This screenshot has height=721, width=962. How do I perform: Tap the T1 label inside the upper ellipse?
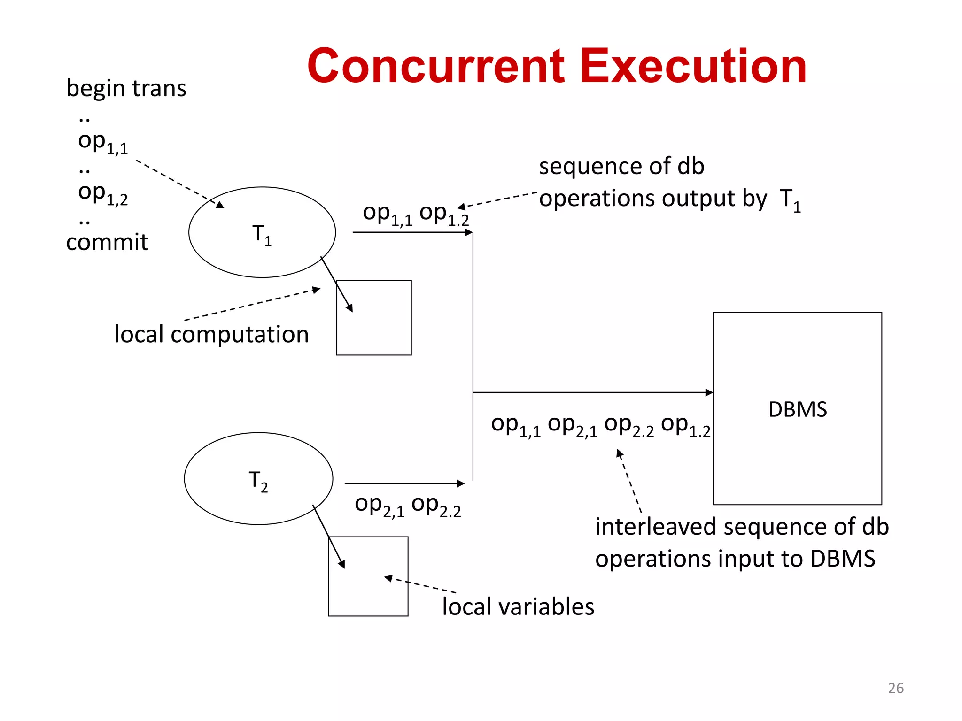262,234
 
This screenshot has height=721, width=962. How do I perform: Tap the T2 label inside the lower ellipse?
258,481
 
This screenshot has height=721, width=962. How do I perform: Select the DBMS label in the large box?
797,409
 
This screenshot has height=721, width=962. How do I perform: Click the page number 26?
896,688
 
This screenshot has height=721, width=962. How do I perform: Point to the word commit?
107,242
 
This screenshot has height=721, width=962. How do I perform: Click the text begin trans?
126,89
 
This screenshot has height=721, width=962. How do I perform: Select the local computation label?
211,335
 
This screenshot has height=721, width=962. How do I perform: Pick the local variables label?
518,606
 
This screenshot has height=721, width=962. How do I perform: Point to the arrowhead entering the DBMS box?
709,392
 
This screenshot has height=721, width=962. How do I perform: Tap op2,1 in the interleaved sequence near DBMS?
572,425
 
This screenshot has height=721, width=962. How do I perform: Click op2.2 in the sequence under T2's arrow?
436,506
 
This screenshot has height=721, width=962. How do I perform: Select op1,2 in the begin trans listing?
102,194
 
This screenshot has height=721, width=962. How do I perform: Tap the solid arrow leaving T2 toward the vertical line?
404,483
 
